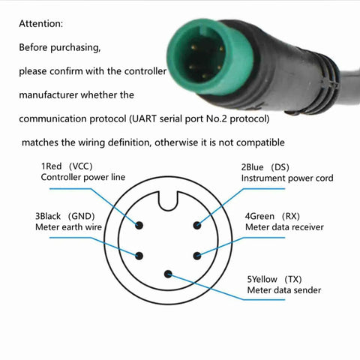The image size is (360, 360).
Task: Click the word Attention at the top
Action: tap(40, 24)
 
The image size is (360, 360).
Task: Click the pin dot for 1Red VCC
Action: tap(139, 225)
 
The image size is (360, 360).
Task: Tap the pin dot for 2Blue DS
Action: tap(197, 225)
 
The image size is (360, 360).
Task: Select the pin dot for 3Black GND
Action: tap(139, 256)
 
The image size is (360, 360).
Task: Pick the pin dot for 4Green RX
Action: tap(197, 256)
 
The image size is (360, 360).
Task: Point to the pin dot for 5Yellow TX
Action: tap(168, 274)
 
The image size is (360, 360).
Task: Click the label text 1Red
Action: tap(51, 166)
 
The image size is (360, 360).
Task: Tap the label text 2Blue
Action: tap(252, 167)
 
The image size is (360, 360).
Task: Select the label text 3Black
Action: tap(48, 216)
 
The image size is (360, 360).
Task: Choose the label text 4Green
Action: tap(259, 216)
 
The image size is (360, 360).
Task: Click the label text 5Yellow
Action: tap(262, 279)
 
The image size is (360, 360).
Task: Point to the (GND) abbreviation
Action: tap(82, 216)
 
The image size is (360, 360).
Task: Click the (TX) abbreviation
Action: tap(293, 279)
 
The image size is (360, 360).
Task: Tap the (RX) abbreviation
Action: tap(291, 216)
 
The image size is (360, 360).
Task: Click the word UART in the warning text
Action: tap(145, 118)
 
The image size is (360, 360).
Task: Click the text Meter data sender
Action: tap(284, 290)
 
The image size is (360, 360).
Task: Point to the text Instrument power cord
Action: tap(287, 178)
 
